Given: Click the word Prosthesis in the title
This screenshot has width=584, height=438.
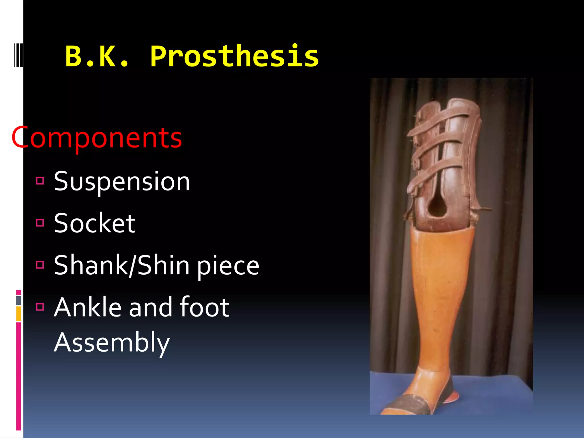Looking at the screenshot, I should pyautogui.click(x=234, y=56).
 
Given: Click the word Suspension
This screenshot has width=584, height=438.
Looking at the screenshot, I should pyautogui.click(x=122, y=181).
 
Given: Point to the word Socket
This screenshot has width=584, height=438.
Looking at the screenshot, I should pyautogui.click(x=94, y=223).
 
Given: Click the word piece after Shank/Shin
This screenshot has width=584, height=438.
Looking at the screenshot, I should pyautogui.click(x=228, y=266).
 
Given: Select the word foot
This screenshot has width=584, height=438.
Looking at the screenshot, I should pyautogui.click(x=204, y=307).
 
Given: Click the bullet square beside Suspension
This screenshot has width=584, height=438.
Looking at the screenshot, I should pyautogui.click(x=40, y=181).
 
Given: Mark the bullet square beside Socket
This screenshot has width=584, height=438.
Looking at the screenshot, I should pyautogui.click(x=40, y=223).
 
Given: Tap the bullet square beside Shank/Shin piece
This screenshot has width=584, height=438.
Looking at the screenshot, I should pyautogui.click(x=40, y=265).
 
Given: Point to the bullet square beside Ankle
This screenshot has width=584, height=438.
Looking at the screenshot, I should pyautogui.click(x=40, y=307).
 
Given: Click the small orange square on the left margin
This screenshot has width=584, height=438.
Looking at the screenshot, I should pyautogui.click(x=19, y=314).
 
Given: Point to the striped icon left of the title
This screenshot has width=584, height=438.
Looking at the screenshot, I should pyautogui.click(x=18, y=55).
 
